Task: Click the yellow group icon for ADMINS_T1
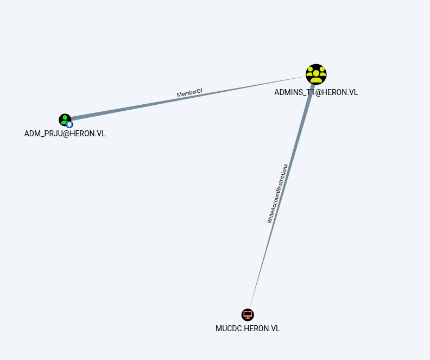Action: coord(316,74)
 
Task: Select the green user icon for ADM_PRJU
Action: coord(65,119)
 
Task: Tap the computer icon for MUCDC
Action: coord(248,314)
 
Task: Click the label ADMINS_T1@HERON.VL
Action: coord(316,92)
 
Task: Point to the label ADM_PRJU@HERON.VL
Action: coord(65,134)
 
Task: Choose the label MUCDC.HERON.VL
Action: coord(248,329)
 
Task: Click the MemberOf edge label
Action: coord(189,93)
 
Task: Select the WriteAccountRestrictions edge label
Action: coord(277,193)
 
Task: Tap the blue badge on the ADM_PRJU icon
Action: coord(69,124)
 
